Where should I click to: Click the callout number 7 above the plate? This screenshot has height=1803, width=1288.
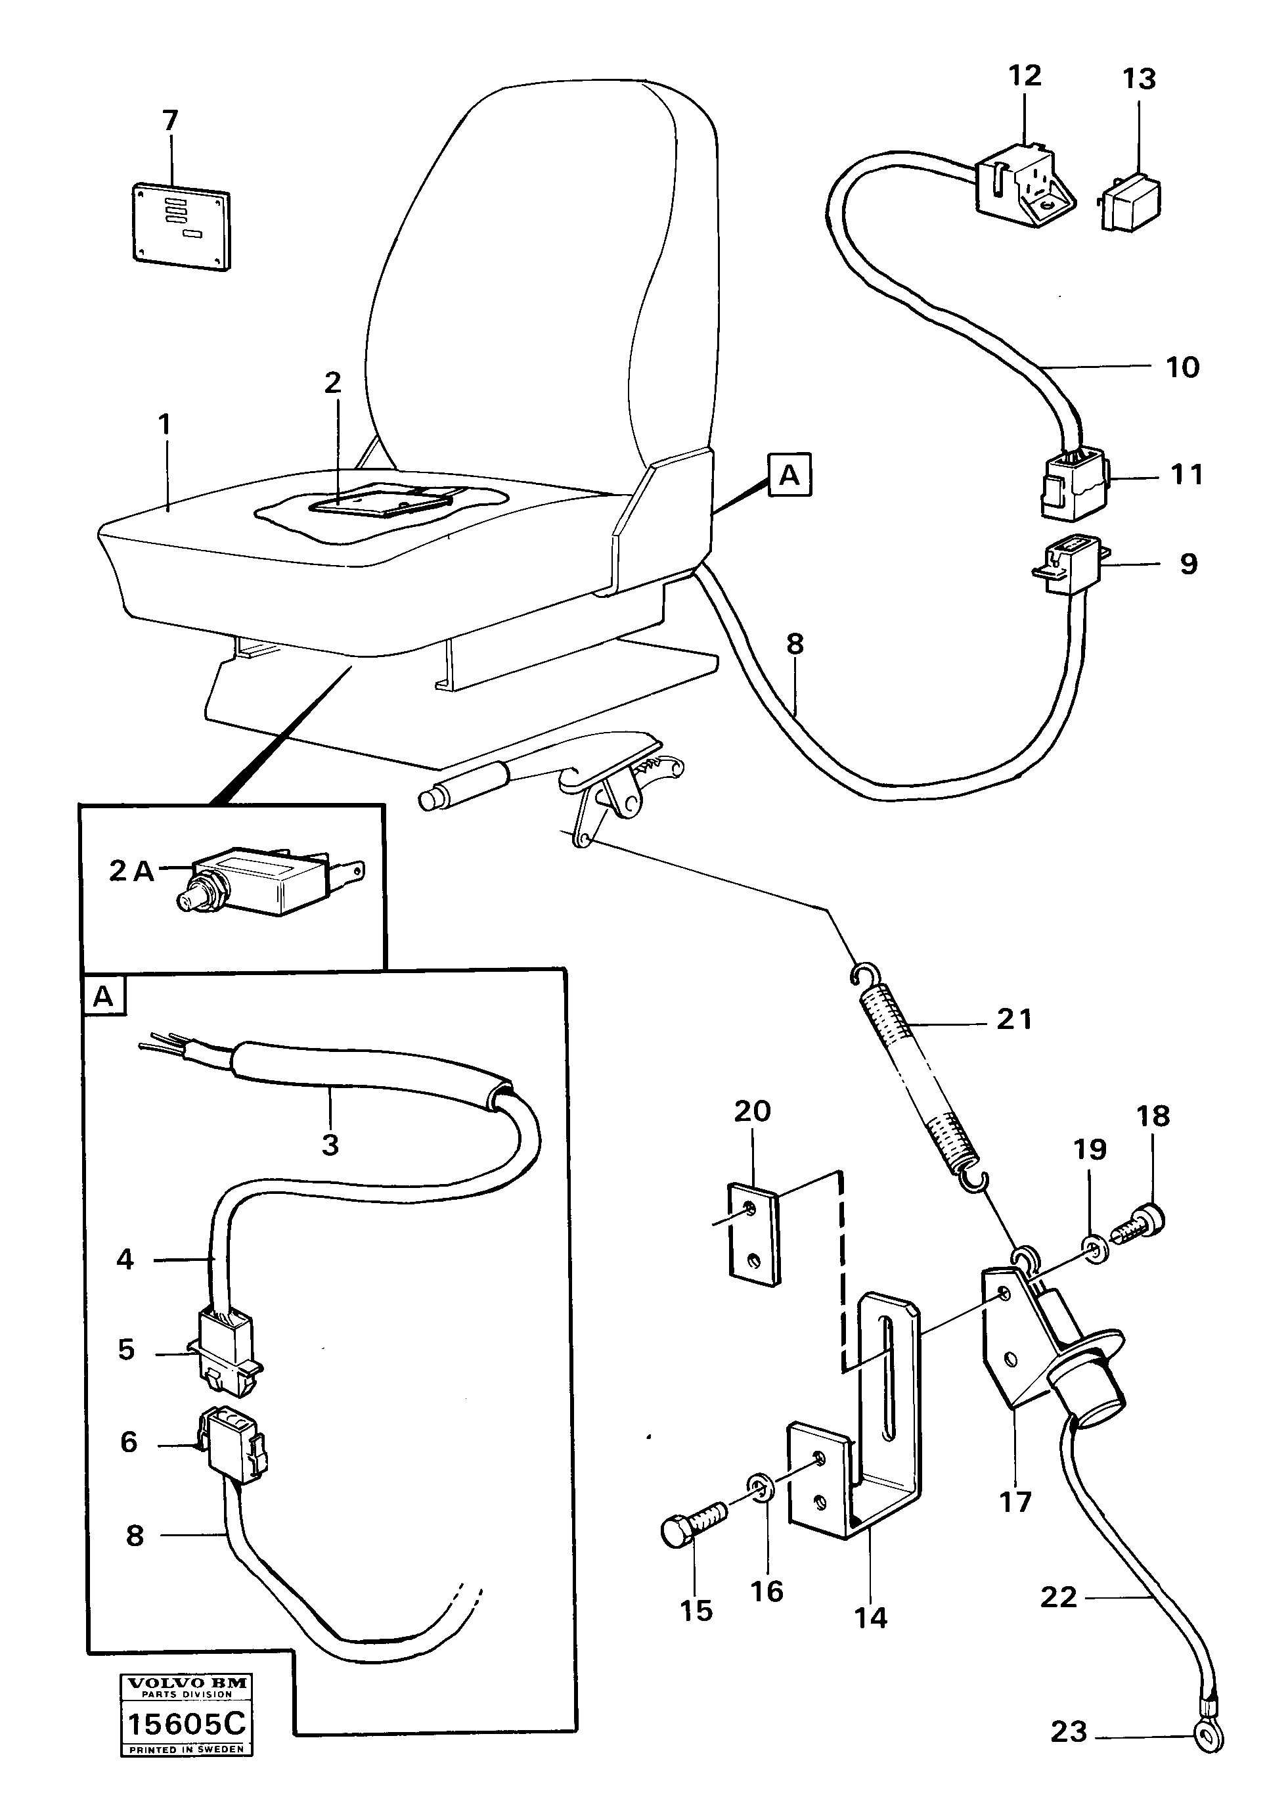(x=169, y=120)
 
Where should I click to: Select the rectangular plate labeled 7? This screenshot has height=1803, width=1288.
(x=180, y=225)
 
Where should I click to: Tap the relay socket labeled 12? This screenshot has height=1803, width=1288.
(x=1024, y=185)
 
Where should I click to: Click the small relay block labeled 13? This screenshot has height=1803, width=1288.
(x=1131, y=202)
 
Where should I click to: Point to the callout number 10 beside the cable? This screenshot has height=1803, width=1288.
(x=1182, y=367)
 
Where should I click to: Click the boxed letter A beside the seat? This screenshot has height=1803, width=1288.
(x=789, y=475)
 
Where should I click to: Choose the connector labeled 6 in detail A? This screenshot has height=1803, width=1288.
(x=233, y=1451)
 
